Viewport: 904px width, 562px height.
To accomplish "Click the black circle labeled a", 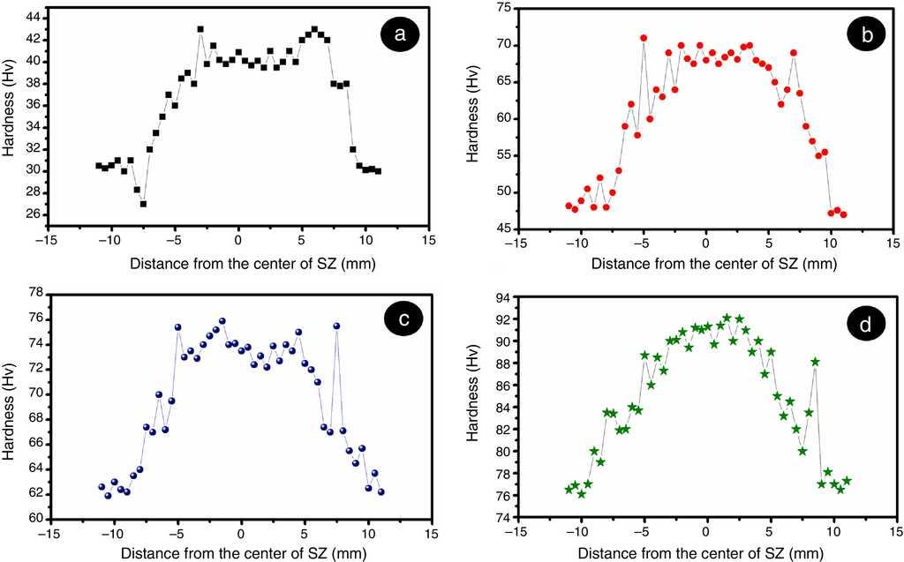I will coord(400,34).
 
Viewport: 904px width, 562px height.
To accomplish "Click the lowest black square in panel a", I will coord(143,204).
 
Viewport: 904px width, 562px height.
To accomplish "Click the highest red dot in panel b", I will coord(644,38).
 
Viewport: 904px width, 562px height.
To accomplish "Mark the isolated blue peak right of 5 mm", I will coord(336,326).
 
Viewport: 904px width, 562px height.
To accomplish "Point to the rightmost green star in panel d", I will coord(847,481).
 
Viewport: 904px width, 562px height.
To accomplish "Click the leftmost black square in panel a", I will coord(99,165).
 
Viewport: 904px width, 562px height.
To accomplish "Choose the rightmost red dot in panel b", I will coord(843,214).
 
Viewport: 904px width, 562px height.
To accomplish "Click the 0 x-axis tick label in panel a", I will coord(238,239).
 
